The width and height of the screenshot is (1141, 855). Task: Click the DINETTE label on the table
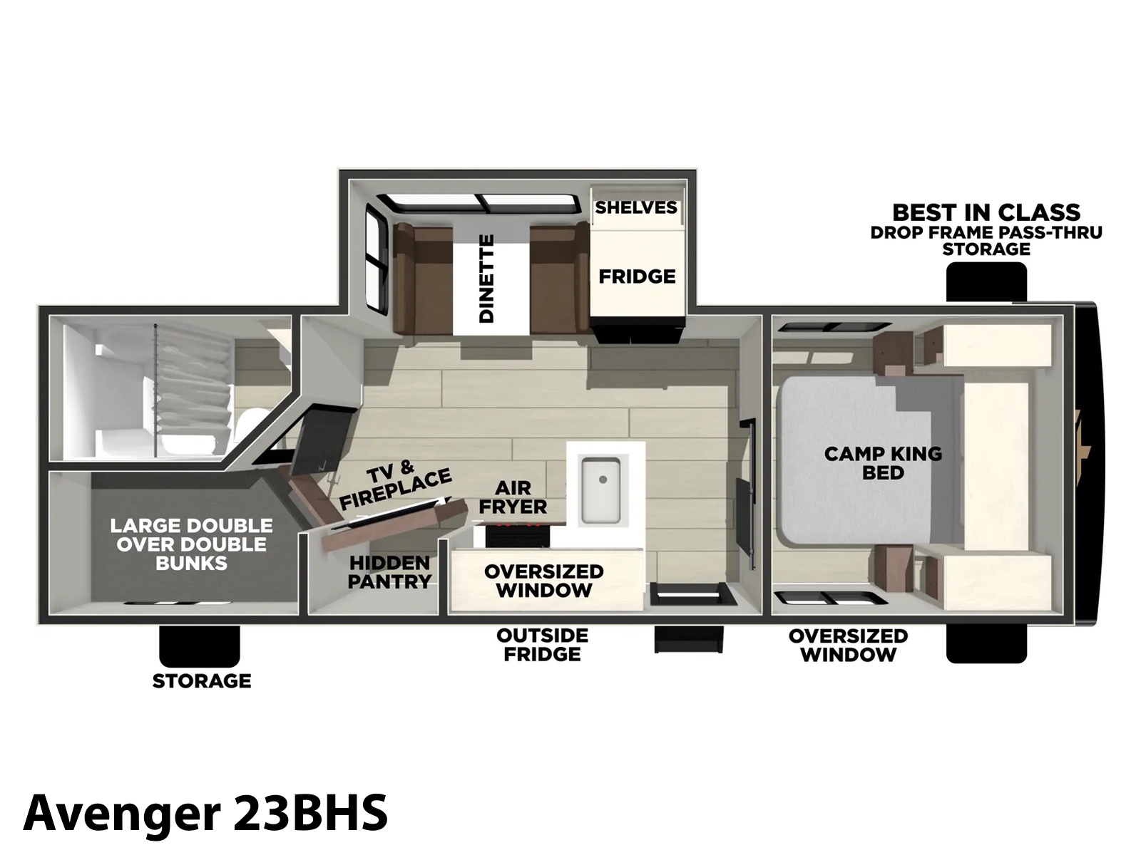pyautogui.click(x=486, y=279)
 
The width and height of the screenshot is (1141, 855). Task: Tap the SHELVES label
pyautogui.click(x=636, y=207)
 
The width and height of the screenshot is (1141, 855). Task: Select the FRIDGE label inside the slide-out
pyautogui.click(x=638, y=276)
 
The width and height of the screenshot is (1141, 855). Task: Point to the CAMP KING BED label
pyautogui.click(x=883, y=463)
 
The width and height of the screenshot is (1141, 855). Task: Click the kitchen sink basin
pyautogui.click(x=600, y=490)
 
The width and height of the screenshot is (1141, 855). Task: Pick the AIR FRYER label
pyautogui.click(x=513, y=497)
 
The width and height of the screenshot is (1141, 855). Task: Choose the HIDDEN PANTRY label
pyautogui.click(x=389, y=572)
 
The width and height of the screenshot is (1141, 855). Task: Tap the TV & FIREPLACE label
pyautogui.click(x=394, y=485)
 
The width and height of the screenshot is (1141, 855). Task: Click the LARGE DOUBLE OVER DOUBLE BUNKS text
pyautogui.click(x=191, y=544)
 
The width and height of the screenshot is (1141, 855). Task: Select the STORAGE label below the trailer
pyautogui.click(x=202, y=680)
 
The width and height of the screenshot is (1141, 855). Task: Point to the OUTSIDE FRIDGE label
pyautogui.click(x=542, y=645)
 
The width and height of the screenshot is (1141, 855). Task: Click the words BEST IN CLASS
pyautogui.click(x=987, y=213)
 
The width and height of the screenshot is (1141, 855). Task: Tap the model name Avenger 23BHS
pyautogui.click(x=205, y=812)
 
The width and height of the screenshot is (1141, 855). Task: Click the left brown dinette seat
pyautogui.click(x=422, y=279)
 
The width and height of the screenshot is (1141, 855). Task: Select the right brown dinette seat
pyautogui.click(x=560, y=279)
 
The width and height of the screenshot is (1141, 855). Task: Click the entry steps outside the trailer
pyautogui.click(x=689, y=640)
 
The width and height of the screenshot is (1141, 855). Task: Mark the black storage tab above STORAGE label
pyautogui.click(x=200, y=646)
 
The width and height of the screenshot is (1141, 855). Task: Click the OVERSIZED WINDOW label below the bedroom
pyautogui.click(x=848, y=646)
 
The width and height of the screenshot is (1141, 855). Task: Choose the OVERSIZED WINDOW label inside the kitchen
pyautogui.click(x=543, y=581)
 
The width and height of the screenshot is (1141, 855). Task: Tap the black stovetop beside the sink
pyautogui.click(x=518, y=535)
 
